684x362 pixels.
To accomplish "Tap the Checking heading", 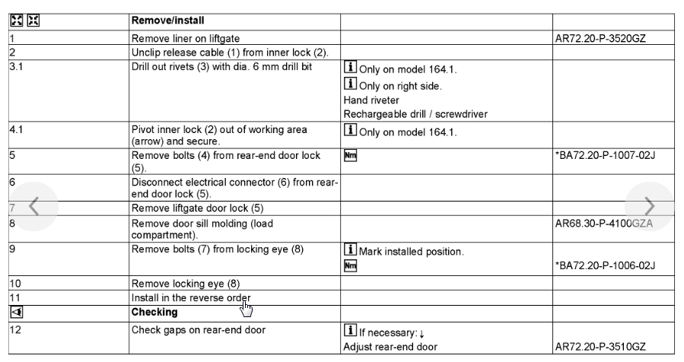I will pyautogui.click(x=155, y=312).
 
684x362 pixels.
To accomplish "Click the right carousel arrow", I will pyautogui.click(x=648, y=205).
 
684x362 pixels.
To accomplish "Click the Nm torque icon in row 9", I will pyautogui.click(x=351, y=265).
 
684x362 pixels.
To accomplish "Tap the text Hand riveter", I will pyautogui.click(x=373, y=100).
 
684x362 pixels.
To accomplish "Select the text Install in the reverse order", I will pyautogui.click(x=191, y=297).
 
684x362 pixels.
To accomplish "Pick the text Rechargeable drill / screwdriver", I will pyautogui.click(x=416, y=115).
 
